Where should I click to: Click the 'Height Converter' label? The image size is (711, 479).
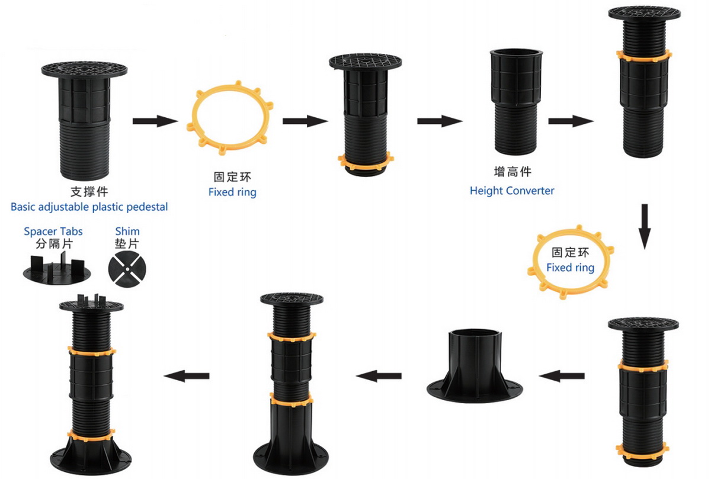512,191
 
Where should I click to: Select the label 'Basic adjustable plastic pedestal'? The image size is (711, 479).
89,207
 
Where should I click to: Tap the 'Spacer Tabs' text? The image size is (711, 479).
53,232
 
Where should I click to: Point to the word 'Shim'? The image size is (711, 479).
127,232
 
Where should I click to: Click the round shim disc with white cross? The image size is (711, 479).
127,269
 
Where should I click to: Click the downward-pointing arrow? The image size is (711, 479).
645,227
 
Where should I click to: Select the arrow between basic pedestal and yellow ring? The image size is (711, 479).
155,121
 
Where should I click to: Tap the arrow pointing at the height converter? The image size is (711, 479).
440,121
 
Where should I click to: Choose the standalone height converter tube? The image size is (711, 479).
516,101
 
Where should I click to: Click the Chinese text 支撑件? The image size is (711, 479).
89,192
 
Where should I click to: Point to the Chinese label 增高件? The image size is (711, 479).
513,172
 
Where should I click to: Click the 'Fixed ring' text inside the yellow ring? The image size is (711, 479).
570,268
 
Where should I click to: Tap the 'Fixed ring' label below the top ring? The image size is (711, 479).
232,192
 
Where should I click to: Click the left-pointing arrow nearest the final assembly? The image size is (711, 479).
187,376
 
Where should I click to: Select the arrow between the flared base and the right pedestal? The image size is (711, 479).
562,376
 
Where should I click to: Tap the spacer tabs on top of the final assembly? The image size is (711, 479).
91,301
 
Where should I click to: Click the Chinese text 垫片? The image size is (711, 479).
127,243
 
